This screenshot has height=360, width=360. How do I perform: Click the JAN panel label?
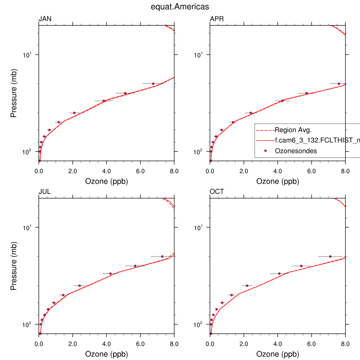[45, 20]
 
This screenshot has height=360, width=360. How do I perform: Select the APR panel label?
[217, 20]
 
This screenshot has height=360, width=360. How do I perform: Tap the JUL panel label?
[45, 192]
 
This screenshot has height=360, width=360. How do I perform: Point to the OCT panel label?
[217, 192]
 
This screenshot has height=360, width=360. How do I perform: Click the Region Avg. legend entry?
[293, 130]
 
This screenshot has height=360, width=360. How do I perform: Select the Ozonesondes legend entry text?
[296, 151]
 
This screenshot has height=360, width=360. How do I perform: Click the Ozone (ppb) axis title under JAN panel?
[106, 181]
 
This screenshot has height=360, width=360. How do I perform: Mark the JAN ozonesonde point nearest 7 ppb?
[153, 83]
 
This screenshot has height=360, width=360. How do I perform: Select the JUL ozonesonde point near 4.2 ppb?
[111, 274]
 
